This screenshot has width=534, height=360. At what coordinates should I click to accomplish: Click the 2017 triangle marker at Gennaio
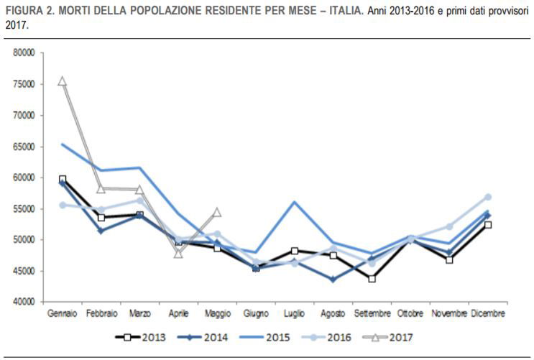coord(63,81)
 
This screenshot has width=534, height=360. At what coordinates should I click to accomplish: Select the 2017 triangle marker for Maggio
coord(217,213)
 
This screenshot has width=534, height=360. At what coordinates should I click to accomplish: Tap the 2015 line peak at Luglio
coord(295,202)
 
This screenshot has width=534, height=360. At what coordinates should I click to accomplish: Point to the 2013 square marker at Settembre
coord(372,279)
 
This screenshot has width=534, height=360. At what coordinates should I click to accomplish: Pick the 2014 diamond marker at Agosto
coord(333,279)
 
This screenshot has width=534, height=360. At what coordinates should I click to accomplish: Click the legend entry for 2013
coord(144,336)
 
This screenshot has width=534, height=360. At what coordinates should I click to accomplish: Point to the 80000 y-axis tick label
coord(24,53)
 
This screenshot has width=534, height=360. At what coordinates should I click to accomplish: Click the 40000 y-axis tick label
coord(24,302)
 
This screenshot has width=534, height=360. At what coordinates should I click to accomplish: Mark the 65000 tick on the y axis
coord(24,147)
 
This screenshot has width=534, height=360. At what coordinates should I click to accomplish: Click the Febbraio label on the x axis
coord(101,314)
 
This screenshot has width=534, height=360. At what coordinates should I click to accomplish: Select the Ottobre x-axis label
coord(411,314)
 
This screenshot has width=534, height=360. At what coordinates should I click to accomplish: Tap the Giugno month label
coord(256,314)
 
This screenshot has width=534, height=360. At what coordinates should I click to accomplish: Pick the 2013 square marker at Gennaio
coord(63,179)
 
